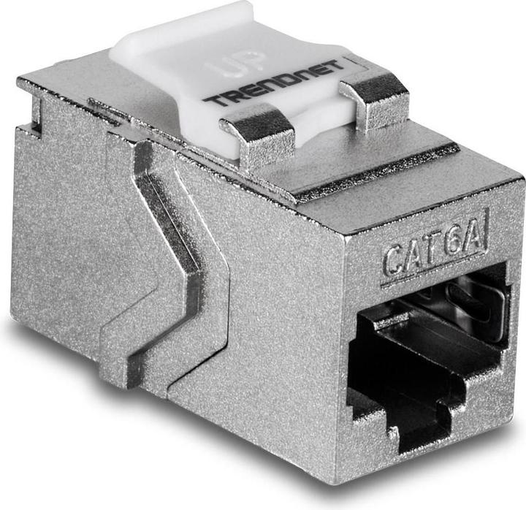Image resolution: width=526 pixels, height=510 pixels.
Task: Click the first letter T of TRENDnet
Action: point(210,100)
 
